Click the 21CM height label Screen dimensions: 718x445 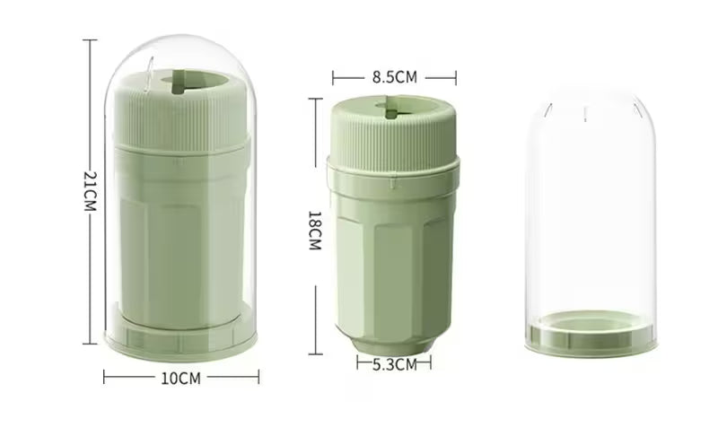[91, 191]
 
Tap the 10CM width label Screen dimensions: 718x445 [181, 379]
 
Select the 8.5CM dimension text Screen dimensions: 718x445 [395, 77]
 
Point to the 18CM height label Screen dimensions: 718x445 [315, 231]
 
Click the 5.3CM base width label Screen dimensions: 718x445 [395, 364]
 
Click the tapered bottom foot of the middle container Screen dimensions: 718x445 [393, 345]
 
